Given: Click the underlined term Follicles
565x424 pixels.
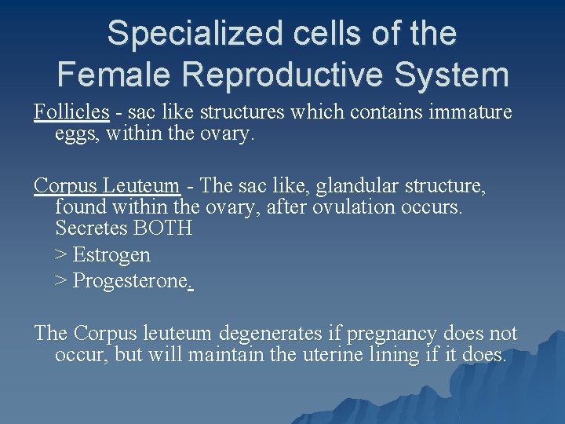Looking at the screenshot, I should (71, 112).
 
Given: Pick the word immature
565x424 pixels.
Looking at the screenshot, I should (471, 112).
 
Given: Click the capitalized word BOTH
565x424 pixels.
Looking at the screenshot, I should (164, 228).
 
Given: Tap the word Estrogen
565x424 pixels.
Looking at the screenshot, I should (111, 255).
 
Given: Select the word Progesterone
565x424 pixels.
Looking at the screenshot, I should (130, 281).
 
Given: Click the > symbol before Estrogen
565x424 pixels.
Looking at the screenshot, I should (61, 255).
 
